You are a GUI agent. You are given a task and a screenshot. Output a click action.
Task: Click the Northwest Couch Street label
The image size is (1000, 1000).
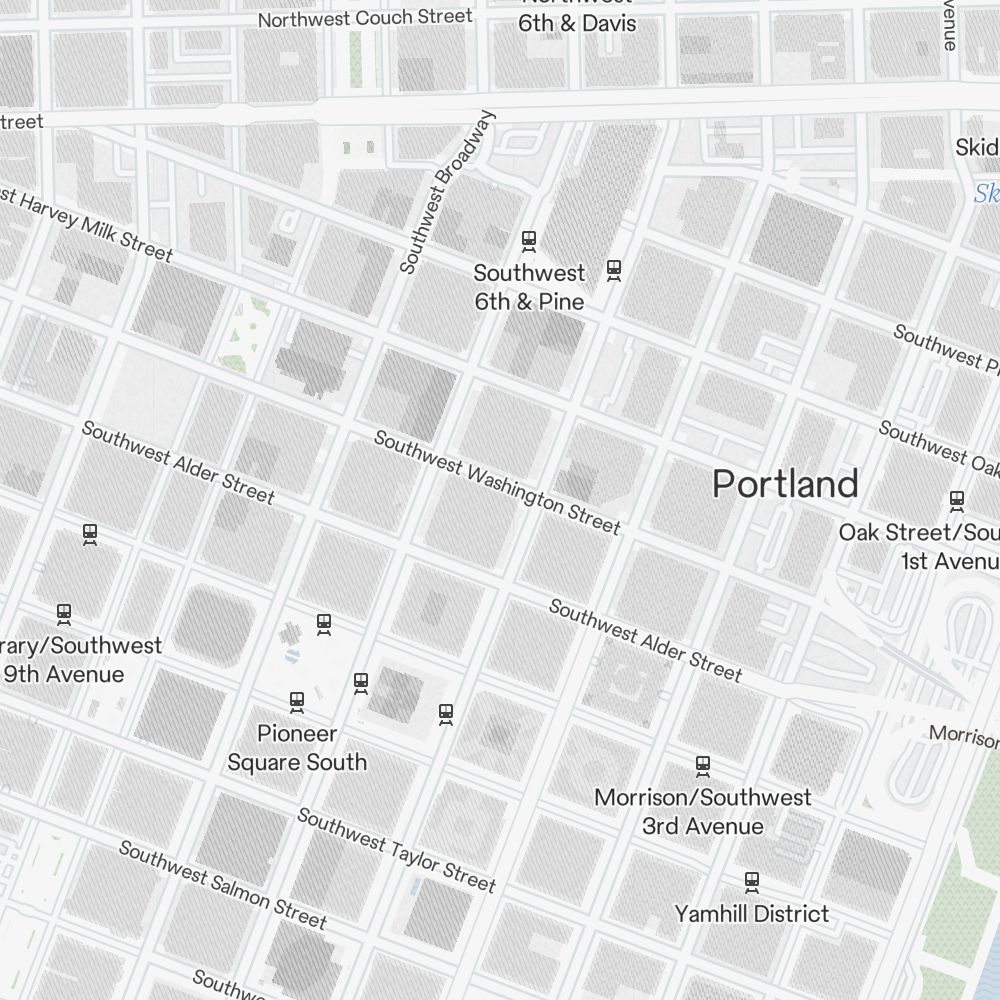point(365,18)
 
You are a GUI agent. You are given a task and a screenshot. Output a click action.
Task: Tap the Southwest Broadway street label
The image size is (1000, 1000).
point(447,192)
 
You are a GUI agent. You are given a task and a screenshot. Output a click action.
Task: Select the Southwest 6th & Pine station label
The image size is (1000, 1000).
point(529,287)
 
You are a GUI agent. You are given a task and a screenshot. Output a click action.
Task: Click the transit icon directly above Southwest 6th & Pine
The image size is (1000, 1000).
point(529,240)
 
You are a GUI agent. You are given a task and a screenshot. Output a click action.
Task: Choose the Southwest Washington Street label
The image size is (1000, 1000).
point(497,483)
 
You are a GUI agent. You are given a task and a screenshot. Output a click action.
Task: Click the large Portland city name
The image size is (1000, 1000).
point(785,484)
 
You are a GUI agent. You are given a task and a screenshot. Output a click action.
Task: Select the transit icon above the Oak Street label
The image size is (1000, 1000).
point(957,499)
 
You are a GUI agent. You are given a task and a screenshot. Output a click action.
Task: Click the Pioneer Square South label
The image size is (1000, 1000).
point(297,748)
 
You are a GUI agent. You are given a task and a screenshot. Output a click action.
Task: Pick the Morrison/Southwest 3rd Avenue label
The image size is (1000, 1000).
point(703,812)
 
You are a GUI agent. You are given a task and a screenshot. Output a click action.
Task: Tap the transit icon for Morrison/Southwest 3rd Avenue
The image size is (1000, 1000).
point(703,766)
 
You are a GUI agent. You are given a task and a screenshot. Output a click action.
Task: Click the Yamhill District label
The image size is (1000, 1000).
point(751,913)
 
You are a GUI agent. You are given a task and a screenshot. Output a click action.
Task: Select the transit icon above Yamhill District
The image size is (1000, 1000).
point(751,882)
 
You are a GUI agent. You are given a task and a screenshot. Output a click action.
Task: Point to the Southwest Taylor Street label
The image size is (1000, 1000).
point(396,850)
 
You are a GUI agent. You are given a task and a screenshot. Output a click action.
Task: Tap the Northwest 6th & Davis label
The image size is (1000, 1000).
point(577,18)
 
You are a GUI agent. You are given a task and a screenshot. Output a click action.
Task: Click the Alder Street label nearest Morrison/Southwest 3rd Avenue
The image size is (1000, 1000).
point(645,640)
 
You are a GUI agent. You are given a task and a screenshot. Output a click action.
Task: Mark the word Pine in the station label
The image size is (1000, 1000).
point(561,301)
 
